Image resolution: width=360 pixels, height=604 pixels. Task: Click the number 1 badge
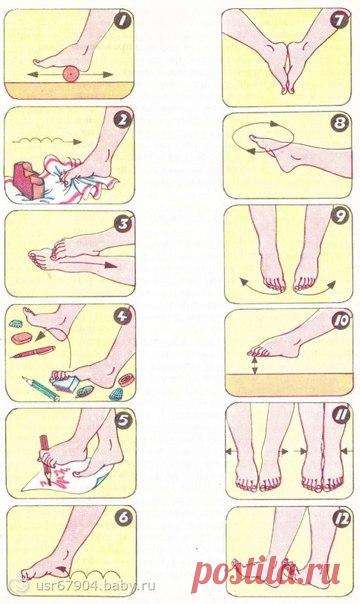click(x=123, y=21)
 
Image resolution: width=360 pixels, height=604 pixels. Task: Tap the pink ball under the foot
click(x=70, y=74)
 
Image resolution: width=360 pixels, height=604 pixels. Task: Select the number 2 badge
click(x=123, y=120)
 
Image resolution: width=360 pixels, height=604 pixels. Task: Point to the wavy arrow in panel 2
click(x=47, y=141)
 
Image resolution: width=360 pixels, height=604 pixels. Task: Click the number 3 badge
click(x=124, y=223)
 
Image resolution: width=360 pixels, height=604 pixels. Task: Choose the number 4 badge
click(x=123, y=317)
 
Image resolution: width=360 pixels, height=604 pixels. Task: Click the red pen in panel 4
click(x=32, y=352)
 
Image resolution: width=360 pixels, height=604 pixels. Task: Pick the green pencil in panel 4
click(x=40, y=388)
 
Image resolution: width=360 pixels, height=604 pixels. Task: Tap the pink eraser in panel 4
click(x=21, y=338)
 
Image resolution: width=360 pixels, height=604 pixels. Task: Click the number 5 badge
click(x=123, y=421)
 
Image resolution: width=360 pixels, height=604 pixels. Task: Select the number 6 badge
click(x=123, y=517)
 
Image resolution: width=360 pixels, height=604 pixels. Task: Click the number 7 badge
click(x=341, y=20)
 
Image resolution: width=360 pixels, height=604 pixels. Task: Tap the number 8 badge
click(x=340, y=123)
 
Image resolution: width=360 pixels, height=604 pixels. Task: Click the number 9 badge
click(x=340, y=216)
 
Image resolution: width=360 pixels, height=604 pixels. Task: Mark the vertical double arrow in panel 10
click(x=255, y=365)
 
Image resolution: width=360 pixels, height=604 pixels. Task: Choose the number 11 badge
click(x=341, y=416)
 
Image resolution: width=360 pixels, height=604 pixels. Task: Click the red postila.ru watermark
click(x=266, y=573)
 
